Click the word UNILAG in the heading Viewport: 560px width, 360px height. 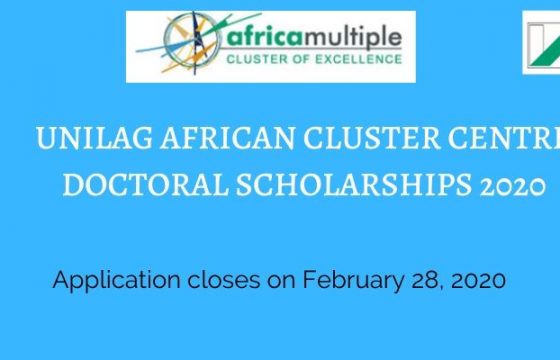[94, 138]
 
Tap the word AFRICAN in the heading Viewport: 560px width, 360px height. [228, 138]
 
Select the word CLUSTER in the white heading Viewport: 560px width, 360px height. [372, 138]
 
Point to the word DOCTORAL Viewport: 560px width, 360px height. [146, 185]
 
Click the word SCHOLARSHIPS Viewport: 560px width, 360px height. [354, 185]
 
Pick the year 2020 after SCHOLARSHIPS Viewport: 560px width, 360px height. [513, 186]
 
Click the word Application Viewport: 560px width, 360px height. [116, 281]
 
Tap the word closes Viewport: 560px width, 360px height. [224, 280]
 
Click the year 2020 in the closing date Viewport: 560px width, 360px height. [478, 280]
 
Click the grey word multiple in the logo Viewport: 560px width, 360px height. [353, 37]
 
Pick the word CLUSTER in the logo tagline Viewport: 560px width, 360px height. [257, 59]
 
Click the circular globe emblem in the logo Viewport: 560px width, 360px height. [192, 40]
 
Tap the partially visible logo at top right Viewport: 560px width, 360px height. [541, 43]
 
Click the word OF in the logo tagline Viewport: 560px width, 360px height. [301, 59]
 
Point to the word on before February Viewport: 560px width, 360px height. [281, 281]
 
